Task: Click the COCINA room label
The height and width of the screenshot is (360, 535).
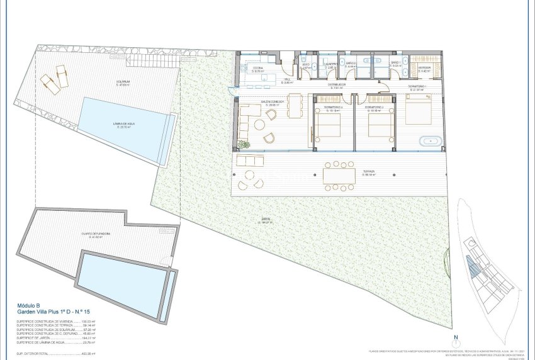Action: click(259, 67)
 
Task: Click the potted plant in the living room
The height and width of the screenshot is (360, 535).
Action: click(244, 145)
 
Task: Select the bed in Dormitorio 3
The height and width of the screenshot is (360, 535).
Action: click(327, 125)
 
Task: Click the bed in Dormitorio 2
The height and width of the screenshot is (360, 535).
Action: click(380, 126)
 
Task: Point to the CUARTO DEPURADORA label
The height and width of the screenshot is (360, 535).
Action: click(96, 233)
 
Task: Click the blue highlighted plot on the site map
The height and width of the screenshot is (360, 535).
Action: click(471, 267)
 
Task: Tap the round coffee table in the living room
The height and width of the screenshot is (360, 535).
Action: click(271, 115)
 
